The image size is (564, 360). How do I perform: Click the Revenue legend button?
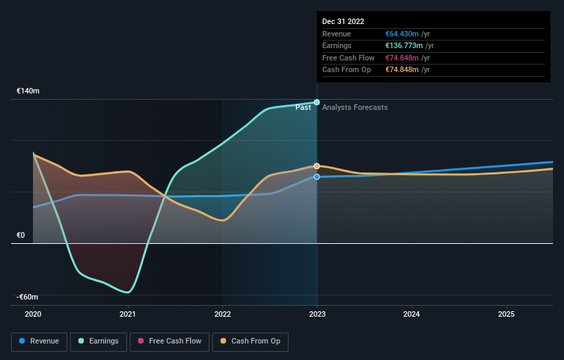(x=40, y=341)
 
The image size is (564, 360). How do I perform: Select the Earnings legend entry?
(x=98, y=341)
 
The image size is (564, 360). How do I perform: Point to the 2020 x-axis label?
(x=33, y=314)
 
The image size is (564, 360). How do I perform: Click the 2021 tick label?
(x=127, y=314)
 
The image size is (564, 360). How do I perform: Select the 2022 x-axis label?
(x=222, y=314)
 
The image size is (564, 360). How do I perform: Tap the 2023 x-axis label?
(x=317, y=314)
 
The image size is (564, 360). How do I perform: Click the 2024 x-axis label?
(x=411, y=314)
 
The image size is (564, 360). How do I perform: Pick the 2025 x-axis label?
(x=506, y=314)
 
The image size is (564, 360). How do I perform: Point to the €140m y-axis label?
(x=28, y=91)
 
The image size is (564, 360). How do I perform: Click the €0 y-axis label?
(x=21, y=235)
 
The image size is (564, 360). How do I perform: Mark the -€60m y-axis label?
(x=28, y=297)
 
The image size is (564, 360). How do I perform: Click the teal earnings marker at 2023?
(x=317, y=102)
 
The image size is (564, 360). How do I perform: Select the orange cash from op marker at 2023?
(x=317, y=166)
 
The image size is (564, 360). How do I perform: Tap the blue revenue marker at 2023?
(x=317, y=177)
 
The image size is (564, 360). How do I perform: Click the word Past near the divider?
(x=303, y=107)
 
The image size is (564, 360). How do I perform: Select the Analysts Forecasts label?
(x=354, y=107)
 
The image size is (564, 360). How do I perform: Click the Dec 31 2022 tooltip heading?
(x=343, y=21)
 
